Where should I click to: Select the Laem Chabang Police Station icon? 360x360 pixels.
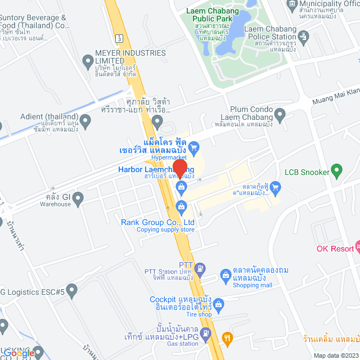(304, 38)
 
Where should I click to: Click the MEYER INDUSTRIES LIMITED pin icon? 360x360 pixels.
(87, 60)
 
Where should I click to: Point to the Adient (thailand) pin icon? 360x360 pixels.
(85, 119)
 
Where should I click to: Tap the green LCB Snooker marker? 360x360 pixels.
(336, 169)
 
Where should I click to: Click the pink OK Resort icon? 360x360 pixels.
(357, 248)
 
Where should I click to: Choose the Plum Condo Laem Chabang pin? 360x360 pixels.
(280, 114)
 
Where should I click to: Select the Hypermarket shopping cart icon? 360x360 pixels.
(193, 148)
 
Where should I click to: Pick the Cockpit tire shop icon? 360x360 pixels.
(219, 304)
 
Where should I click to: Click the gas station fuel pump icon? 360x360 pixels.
(206, 334)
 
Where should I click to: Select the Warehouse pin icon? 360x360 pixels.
(78, 197)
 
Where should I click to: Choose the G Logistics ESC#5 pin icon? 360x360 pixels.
(71, 291)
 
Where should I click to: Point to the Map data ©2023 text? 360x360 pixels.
(335, 355)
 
